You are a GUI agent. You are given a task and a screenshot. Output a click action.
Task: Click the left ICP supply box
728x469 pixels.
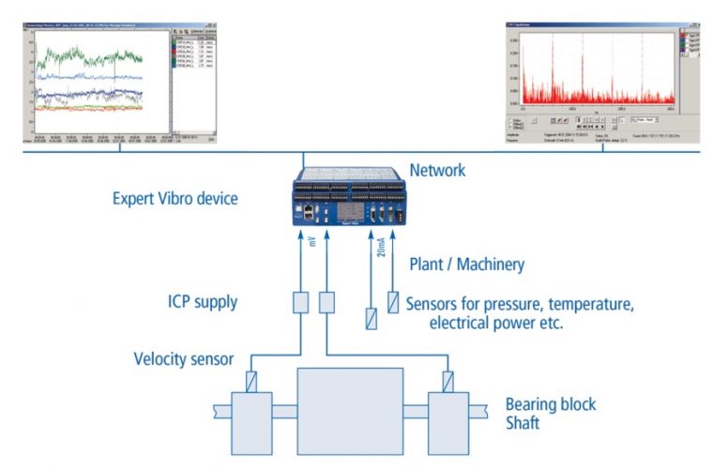[x=301, y=303]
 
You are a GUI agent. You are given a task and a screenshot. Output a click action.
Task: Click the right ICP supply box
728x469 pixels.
[x=326, y=303]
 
